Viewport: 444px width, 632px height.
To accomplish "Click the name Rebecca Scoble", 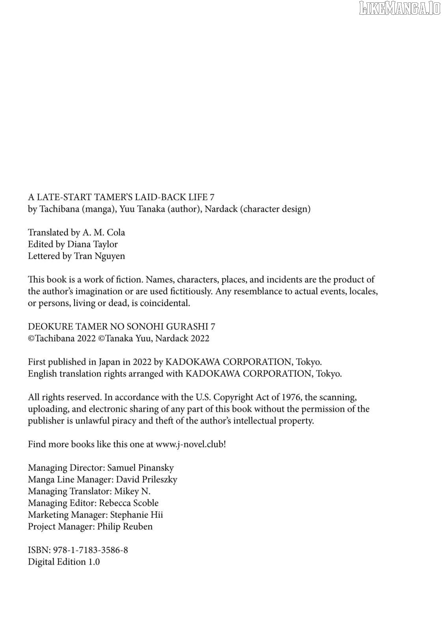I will [129, 503].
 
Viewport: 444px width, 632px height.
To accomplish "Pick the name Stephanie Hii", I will [136, 515].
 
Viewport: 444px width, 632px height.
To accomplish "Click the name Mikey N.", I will [132, 491].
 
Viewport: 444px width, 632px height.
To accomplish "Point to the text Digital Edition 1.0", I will [64, 562].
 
